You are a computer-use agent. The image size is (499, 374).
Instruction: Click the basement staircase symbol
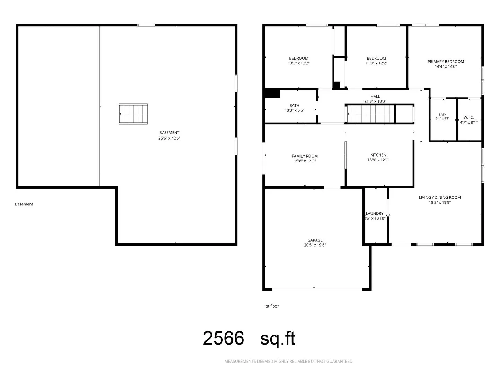pos(133,114)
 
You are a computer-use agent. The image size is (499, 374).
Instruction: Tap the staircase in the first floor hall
pos(370,114)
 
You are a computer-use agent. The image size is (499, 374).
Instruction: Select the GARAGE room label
pos(315,240)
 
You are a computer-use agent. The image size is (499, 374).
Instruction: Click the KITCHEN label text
pos(378,155)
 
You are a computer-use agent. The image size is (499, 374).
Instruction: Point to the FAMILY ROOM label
pos(305,156)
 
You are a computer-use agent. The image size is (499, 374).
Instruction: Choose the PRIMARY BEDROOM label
pos(446,62)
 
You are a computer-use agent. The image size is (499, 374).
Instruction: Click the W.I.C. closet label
pos(469,117)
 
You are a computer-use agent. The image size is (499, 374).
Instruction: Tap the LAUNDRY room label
pos(374,213)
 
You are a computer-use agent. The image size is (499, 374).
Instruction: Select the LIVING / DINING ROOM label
pos(440,197)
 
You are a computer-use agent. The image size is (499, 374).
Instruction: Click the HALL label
pos(375,96)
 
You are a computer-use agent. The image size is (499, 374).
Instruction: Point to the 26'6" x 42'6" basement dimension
pos(169,138)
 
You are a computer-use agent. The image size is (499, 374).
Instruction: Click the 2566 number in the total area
pos(223,338)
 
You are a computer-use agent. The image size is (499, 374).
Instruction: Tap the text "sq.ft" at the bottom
pos(278,339)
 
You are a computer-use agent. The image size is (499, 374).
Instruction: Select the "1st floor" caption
pos(271,306)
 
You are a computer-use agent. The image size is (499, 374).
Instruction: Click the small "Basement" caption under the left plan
pos(24,204)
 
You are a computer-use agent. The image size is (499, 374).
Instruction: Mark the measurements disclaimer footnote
pos(289,361)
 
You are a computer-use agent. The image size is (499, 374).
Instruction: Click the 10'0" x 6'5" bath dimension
pos(294,110)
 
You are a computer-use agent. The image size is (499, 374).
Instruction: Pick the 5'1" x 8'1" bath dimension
pos(443,118)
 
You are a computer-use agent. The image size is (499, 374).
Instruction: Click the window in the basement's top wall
pos(146,25)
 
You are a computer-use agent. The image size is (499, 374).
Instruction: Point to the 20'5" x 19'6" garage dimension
pos(315,245)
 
